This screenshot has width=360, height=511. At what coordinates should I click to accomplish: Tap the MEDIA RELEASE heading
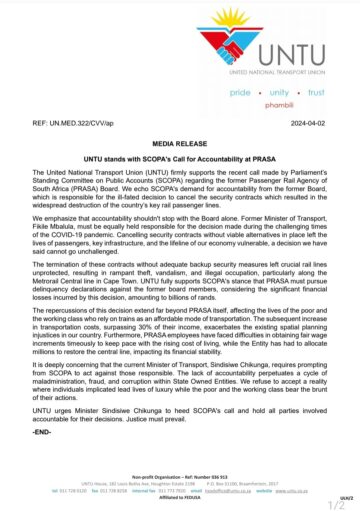point(179,145)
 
